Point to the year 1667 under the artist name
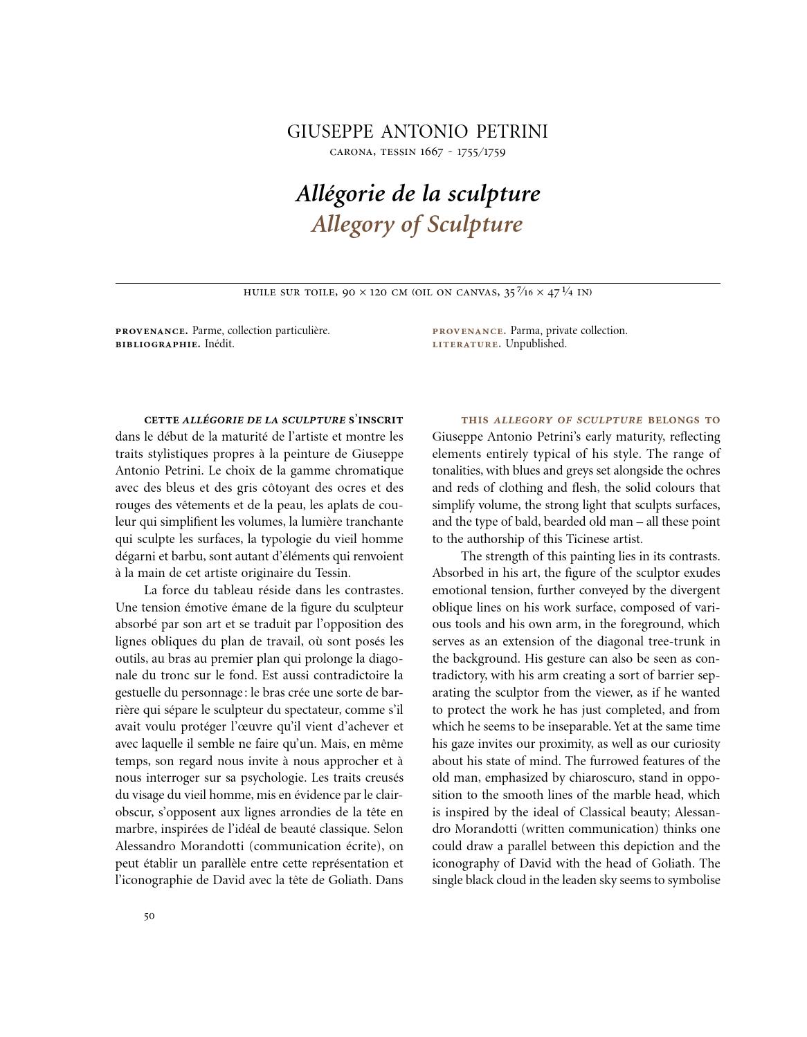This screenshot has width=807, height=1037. [431, 152]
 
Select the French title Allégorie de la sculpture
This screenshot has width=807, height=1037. [417, 193]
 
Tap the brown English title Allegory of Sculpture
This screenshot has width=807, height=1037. [417, 224]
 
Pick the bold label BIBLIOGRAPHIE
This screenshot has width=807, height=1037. [158, 344]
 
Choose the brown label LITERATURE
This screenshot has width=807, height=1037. [466, 344]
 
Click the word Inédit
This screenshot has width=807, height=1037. [219, 344]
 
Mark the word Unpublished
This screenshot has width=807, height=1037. [536, 344]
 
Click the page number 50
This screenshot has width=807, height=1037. [149, 917]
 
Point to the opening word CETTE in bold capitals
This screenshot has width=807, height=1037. [161, 420]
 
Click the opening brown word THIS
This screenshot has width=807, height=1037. [475, 420]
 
